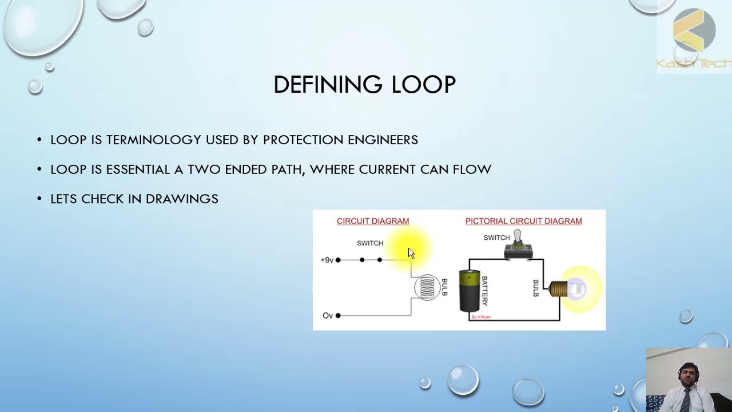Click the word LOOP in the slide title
point(423,85)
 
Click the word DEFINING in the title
point(328,85)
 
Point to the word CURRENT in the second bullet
point(387,169)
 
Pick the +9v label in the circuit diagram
point(327,260)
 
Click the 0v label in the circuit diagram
point(327,316)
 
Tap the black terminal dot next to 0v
point(338,315)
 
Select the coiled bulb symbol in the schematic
point(427,287)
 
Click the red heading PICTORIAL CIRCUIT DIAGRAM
point(523,221)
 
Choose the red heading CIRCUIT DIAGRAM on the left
point(373,221)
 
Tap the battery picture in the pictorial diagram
point(470,292)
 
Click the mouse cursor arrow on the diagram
point(411,254)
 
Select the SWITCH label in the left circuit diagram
point(370,243)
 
